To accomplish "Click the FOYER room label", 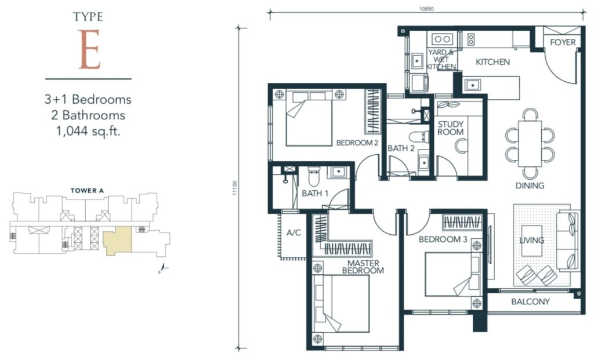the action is point(563,42).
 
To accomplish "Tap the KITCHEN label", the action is point(492,61).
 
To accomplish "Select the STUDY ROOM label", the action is point(450,128).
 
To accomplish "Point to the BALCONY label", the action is point(530,301).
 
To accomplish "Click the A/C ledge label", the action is point(294,232).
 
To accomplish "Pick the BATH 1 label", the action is point(315,194).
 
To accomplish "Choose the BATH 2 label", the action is point(401,148).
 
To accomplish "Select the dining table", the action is point(530,143).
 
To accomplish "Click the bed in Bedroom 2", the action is point(309,118).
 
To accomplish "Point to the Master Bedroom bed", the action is point(341,304).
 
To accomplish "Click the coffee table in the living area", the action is point(532,241).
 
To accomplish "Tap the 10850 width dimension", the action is point(426,9).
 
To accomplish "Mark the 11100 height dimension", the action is point(235,188).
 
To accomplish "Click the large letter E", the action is point(89,50).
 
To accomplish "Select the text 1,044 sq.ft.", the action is point(88,132).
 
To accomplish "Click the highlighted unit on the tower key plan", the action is point(117,241).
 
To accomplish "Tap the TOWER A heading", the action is point(87,191).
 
